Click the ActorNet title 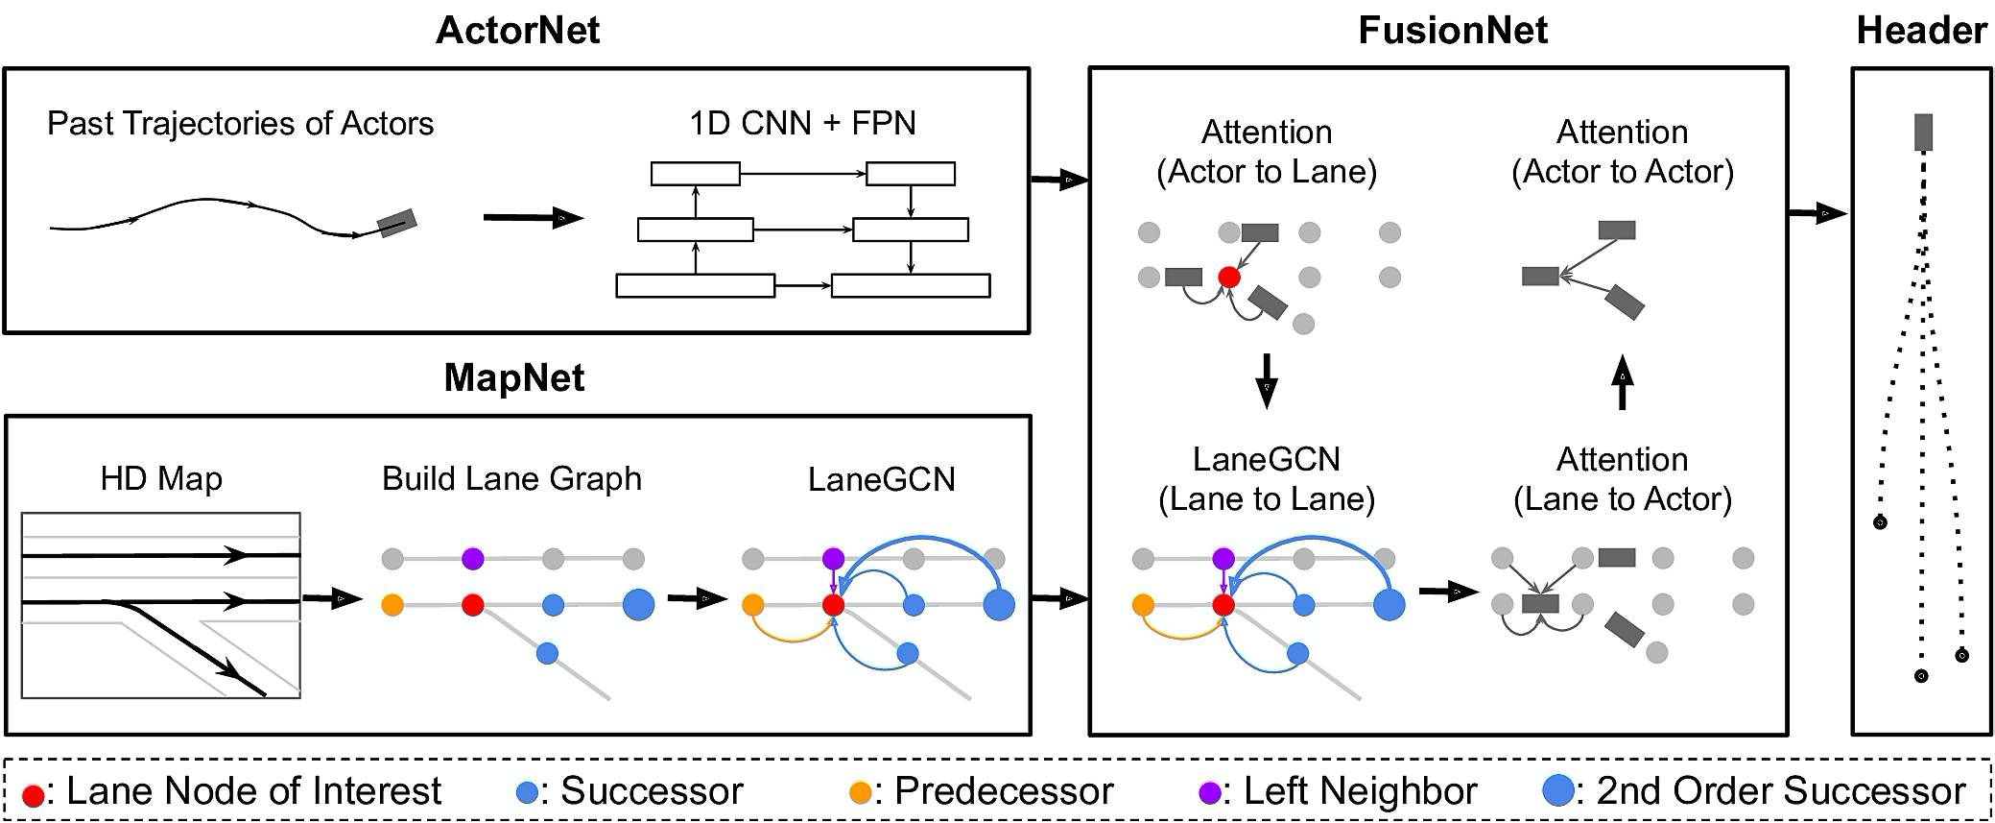pyautogui.click(x=517, y=31)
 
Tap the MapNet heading pyautogui.click(x=513, y=377)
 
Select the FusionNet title pyautogui.click(x=1452, y=31)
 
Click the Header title pyautogui.click(x=1921, y=31)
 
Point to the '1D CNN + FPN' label pyautogui.click(x=802, y=123)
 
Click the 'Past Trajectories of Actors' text pyautogui.click(x=240, y=123)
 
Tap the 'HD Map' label pyautogui.click(x=161, y=478)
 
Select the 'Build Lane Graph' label pyautogui.click(x=511, y=478)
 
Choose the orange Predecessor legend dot pyautogui.click(x=861, y=793)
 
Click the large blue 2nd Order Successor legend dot pyautogui.click(x=1558, y=791)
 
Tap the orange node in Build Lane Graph pyautogui.click(x=392, y=605)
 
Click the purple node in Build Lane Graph pyautogui.click(x=472, y=558)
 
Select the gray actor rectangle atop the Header pyautogui.click(x=1923, y=133)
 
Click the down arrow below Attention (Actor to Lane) pyautogui.click(x=1267, y=381)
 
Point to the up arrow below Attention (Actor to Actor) pyautogui.click(x=1622, y=381)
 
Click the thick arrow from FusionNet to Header pyautogui.click(x=1817, y=213)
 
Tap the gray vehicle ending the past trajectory pyautogui.click(x=396, y=223)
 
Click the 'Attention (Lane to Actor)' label pyautogui.click(x=1622, y=479)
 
